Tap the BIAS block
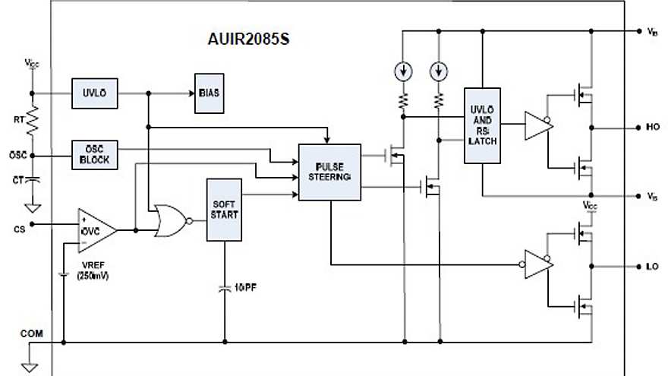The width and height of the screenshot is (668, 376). pyautogui.click(x=208, y=93)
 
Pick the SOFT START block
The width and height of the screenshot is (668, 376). pyautogui.click(x=225, y=210)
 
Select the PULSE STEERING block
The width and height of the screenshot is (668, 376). pyautogui.click(x=329, y=172)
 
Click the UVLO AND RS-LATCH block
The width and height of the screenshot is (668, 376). pyautogui.click(x=482, y=126)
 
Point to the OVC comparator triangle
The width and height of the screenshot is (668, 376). pyautogui.click(x=96, y=230)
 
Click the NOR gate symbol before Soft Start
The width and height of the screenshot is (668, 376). pyautogui.click(x=169, y=221)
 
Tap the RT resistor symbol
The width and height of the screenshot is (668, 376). pyautogui.click(x=33, y=119)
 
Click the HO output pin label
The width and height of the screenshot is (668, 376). pyautogui.click(x=651, y=128)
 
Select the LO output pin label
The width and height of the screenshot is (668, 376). pyautogui.click(x=651, y=267)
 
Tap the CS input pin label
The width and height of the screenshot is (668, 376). pyautogui.click(x=20, y=226)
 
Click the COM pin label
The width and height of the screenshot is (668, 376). pyautogui.click(x=30, y=332)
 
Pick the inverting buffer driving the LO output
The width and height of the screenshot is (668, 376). pyautogui.click(x=537, y=264)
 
